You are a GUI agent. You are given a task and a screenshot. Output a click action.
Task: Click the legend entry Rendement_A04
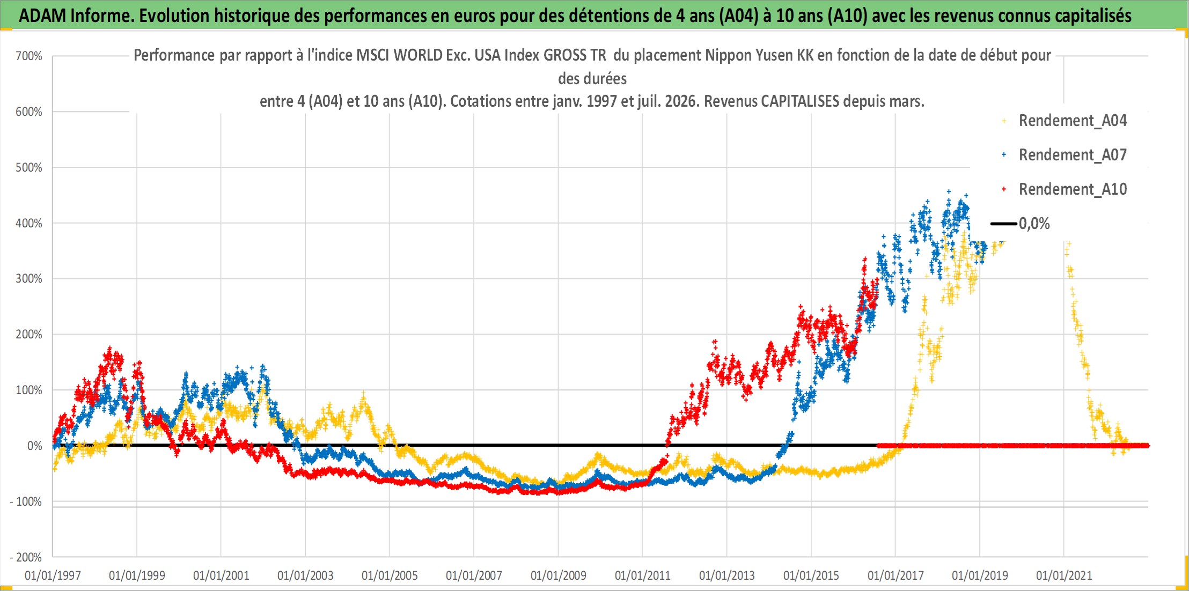1073,121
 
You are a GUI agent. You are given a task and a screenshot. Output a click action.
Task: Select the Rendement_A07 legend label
1073,155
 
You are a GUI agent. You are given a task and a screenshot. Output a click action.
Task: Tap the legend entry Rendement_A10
1073,189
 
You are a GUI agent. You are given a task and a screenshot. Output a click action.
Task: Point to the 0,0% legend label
1034,224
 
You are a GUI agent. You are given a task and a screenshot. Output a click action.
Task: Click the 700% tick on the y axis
29,56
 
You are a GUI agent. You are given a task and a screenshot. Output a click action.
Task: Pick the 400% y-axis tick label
29,223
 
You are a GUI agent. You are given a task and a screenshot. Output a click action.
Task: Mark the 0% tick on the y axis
34,446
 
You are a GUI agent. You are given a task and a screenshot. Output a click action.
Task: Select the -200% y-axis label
26,557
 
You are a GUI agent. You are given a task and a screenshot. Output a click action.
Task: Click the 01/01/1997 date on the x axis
53,575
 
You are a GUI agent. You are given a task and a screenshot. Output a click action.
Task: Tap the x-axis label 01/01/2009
559,575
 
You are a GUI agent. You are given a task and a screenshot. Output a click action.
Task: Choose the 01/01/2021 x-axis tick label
1064,575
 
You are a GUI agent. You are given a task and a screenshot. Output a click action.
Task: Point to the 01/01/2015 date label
811,575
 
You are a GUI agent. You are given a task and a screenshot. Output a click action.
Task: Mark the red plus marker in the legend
1004,189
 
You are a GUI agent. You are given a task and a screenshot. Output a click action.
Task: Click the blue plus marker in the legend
1004,155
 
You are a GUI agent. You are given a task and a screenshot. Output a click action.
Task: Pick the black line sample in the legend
1003,224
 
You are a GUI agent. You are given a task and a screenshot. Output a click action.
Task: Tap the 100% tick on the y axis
29,390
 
